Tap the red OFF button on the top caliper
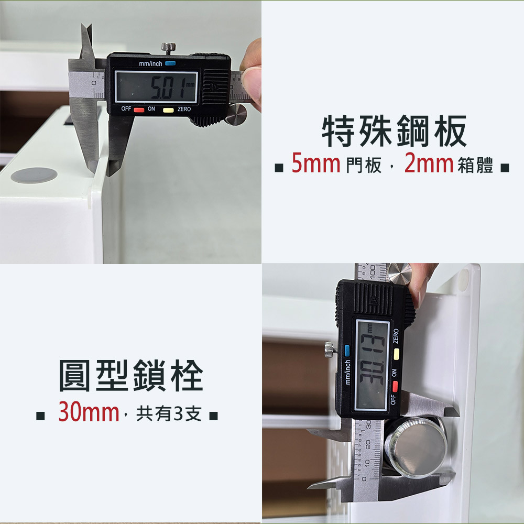click(x=139, y=110)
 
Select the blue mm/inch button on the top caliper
click(x=170, y=63)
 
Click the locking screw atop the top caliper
click(x=169, y=48)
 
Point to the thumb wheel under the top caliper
click(x=236, y=114)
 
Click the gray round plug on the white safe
click(x=34, y=175)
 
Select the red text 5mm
click(x=316, y=163)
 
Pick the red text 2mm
click(x=429, y=163)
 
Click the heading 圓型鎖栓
click(x=130, y=375)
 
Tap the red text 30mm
click(x=89, y=412)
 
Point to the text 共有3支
click(x=169, y=413)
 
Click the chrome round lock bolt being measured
click(x=416, y=446)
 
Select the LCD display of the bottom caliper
click(x=372, y=365)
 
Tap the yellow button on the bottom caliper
click(x=396, y=354)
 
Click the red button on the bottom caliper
click(x=395, y=386)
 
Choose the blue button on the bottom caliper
click(x=347, y=351)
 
